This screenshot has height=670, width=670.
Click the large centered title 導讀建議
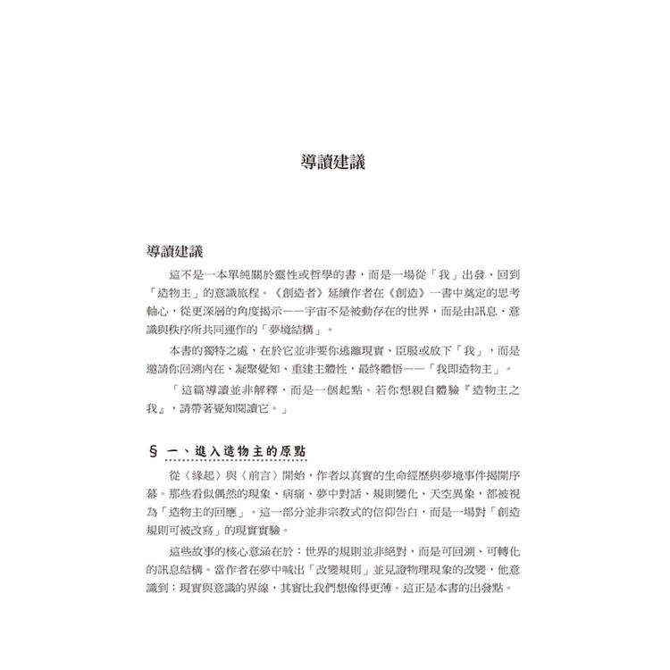(333, 163)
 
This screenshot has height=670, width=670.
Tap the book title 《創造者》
(281, 292)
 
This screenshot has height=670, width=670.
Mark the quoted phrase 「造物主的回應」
(205, 512)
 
